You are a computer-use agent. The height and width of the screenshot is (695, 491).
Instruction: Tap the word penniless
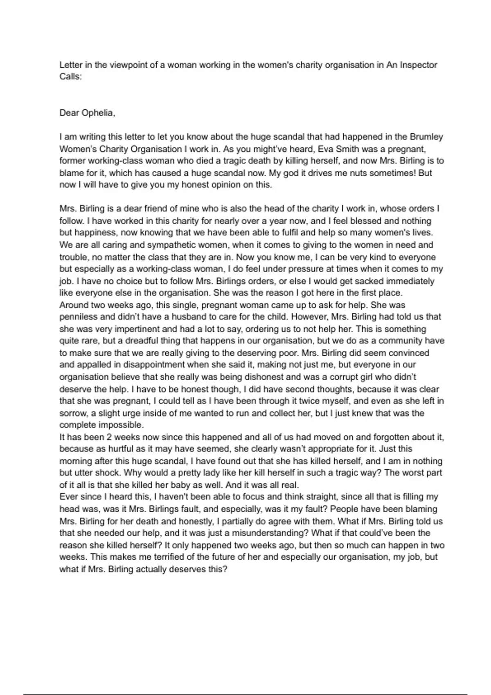click(x=78, y=317)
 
